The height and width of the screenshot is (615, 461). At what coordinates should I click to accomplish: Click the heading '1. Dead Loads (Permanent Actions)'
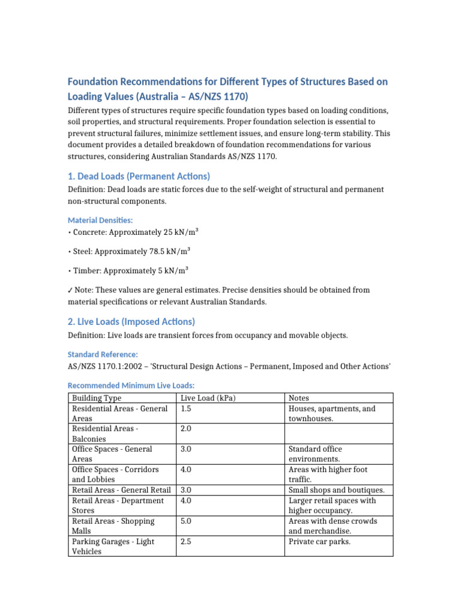pyautogui.click(x=139, y=176)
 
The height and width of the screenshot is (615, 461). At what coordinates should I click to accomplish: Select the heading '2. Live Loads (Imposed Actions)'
pyautogui.click(x=131, y=321)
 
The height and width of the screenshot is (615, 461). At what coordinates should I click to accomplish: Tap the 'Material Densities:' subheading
pyautogui.click(x=100, y=220)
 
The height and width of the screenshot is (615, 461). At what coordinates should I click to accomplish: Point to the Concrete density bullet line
pyautogui.click(x=128, y=232)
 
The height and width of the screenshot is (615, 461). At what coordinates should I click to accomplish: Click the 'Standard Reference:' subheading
pyautogui.click(x=103, y=354)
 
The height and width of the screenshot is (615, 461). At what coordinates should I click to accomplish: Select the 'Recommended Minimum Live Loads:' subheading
pyautogui.click(x=131, y=385)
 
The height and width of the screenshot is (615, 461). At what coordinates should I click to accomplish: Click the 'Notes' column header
pyautogui.click(x=298, y=398)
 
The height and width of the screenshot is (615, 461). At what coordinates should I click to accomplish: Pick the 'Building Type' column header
pyautogui.click(x=97, y=398)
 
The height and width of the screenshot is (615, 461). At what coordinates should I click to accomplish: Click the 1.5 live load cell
pyautogui.click(x=186, y=408)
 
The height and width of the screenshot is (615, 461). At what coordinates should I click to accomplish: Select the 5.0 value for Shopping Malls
pyautogui.click(x=186, y=521)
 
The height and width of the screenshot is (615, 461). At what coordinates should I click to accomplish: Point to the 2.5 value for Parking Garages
pyautogui.click(x=186, y=542)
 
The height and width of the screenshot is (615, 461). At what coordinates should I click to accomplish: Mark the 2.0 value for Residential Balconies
pyautogui.click(x=186, y=429)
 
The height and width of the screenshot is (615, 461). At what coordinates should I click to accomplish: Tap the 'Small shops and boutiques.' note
pyautogui.click(x=336, y=490)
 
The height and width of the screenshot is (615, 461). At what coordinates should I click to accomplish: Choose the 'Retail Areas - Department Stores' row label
pyautogui.click(x=118, y=505)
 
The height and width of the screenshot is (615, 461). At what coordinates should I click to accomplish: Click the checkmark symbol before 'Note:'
pyautogui.click(x=70, y=290)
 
